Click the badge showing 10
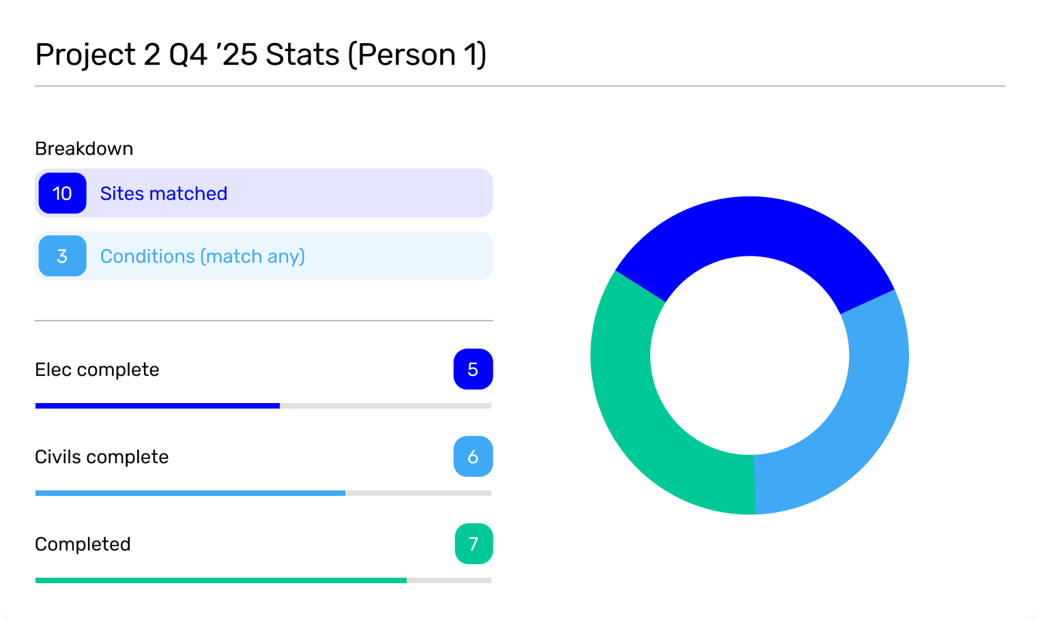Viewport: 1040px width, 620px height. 62,194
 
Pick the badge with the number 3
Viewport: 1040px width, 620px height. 62,256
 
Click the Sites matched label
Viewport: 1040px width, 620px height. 164,194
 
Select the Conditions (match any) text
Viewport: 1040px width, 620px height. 203,256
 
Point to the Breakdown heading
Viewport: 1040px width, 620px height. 84,149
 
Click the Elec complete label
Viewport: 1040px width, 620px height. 97,370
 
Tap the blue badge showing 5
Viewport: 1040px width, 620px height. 473,370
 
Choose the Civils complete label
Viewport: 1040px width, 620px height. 102,457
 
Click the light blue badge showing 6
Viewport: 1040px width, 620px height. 473,457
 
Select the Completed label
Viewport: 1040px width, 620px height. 83,544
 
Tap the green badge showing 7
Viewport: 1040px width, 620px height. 474,544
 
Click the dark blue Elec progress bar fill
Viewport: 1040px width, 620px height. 157,406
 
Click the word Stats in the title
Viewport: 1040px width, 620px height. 302,55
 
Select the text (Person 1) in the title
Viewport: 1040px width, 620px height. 417,55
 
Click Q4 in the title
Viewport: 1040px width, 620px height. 188,55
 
